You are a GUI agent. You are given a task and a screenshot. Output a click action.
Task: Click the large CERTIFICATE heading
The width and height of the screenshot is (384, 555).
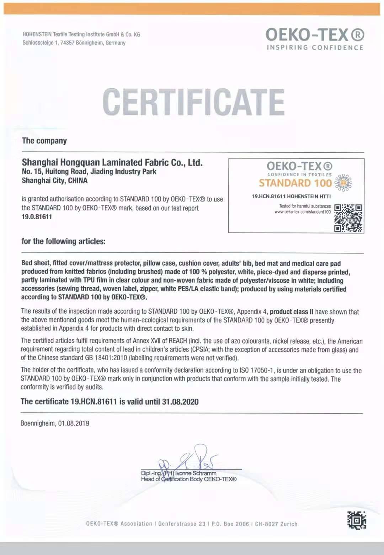pos(194,102)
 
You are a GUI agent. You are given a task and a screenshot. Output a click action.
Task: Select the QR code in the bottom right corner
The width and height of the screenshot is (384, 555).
pos(356,520)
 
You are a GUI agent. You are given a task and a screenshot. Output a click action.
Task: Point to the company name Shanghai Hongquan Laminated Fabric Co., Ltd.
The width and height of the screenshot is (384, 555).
pos(112,163)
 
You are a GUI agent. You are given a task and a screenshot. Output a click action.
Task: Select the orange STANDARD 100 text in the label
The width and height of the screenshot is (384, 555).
pos(295,183)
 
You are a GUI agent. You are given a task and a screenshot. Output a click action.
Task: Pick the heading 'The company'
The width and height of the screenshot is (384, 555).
pos(44,141)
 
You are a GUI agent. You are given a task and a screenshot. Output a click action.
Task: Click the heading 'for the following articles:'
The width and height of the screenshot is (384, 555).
pos(63,241)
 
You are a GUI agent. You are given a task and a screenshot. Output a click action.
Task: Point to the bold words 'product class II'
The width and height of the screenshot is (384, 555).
pos(292,312)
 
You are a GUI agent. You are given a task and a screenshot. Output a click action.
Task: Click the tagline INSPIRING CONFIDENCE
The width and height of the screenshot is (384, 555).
pos(315,48)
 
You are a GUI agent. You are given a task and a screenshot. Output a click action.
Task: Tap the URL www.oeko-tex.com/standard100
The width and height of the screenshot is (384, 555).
pos(303,212)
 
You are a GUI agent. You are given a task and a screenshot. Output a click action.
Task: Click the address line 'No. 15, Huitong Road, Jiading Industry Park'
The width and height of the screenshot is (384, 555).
pos(89,172)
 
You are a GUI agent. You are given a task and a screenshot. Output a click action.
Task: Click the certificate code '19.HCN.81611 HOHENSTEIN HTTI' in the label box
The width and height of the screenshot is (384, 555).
pos(291,196)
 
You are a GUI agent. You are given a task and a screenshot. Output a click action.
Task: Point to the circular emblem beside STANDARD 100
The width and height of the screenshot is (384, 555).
pos(344,183)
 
